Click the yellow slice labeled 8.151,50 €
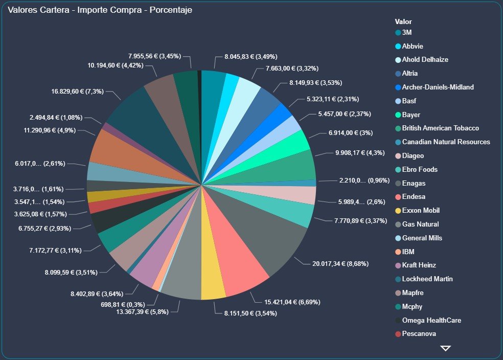213,281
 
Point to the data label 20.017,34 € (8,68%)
340,264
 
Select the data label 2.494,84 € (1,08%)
56,118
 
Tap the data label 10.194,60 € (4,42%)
121,65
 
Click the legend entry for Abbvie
413,46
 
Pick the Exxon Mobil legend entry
421,210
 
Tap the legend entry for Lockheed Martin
427,279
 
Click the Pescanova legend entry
419,334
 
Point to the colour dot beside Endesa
398,197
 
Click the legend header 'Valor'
403,22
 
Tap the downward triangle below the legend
445,348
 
